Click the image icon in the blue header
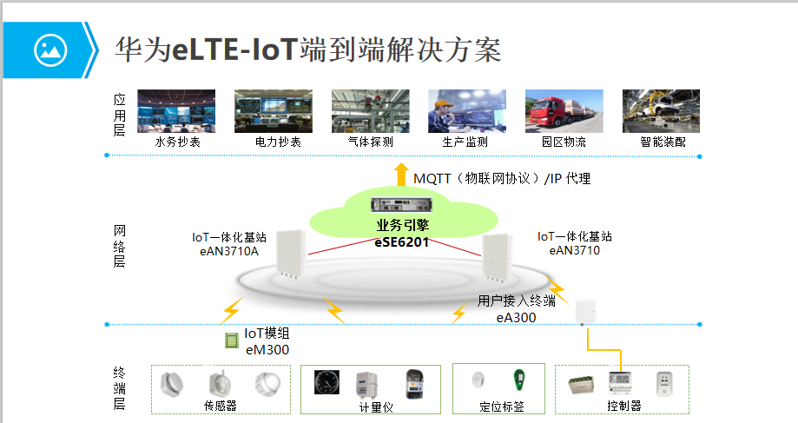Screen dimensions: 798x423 49,50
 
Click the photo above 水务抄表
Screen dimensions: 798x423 177,110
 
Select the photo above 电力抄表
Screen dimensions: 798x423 274,110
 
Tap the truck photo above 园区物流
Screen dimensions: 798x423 564,110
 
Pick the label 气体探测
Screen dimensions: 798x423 370,142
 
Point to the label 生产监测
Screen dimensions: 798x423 466,142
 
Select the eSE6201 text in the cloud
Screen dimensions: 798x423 402,241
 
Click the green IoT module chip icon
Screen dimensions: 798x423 232,340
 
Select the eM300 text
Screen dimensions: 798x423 267,350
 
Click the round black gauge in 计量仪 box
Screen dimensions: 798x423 326,384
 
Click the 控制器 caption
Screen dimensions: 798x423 623,406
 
